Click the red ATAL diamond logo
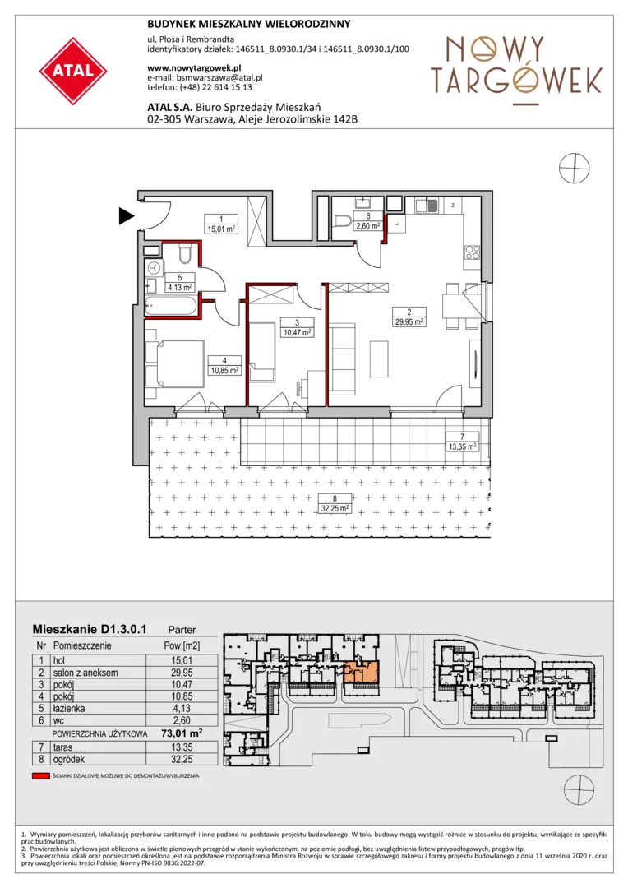[x=73, y=72]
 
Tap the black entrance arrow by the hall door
[x=127, y=215]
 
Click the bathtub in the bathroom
[x=171, y=306]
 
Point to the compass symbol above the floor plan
[x=575, y=169]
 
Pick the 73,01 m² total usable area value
[x=182, y=733]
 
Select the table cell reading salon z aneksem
[x=85, y=673]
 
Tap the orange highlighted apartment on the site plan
[x=361, y=672]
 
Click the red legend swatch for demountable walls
[x=41, y=776]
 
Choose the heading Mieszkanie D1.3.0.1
[x=90, y=629]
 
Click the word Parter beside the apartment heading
[x=182, y=630]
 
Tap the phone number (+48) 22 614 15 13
[x=215, y=87]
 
